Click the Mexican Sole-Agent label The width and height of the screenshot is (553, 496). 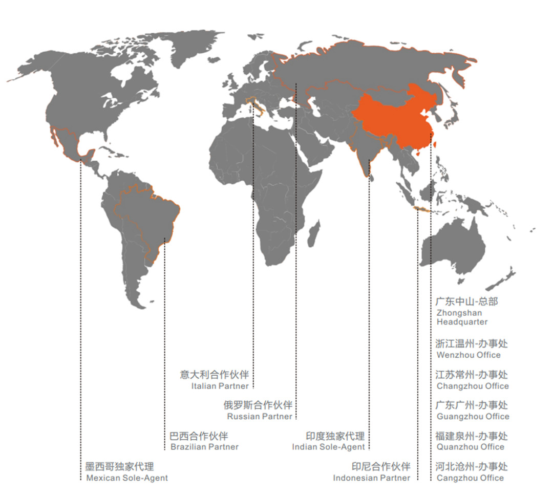(x=126, y=478)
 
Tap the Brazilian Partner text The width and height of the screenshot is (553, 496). (x=204, y=447)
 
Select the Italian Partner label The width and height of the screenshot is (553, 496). (x=220, y=386)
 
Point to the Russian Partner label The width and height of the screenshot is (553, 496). (x=260, y=417)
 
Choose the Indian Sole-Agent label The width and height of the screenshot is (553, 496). (x=328, y=447)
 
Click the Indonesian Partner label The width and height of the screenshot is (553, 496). (x=371, y=478)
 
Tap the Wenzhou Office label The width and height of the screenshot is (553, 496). (x=469, y=355)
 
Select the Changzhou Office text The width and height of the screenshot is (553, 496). (x=473, y=386)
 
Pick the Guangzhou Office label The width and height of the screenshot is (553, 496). (x=473, y=417)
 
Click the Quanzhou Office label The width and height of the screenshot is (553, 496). (x=470, y=447)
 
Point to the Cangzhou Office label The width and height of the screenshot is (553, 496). (x=470, y=478)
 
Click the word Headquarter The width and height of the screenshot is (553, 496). (x=462, y=322)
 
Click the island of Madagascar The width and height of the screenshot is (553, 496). (x=313, y=233)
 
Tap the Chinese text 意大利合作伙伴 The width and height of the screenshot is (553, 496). (x=214, y=375)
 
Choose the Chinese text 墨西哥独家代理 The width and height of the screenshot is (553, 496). (x=119, y=467)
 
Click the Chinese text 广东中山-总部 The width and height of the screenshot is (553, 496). (x=466, y=301)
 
